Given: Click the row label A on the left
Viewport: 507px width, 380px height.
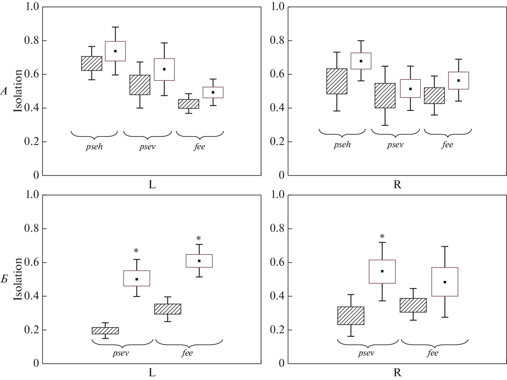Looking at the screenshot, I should coord(4,91).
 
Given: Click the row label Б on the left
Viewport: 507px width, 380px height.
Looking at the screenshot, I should coord(4,279).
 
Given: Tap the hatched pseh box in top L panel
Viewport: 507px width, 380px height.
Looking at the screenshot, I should coord(92,63).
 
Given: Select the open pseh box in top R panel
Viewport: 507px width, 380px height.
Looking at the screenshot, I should coord(361,61).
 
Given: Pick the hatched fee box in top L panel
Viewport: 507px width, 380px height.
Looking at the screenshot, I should coord(188,104).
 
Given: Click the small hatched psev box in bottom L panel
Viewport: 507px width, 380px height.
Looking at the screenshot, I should coord(105,331).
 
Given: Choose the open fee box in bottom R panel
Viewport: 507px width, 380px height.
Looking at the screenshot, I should coord(445,282).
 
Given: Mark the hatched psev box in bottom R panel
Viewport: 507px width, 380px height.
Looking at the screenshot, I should coord(351,316).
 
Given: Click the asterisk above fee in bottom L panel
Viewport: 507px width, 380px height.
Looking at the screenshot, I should coord(199,238).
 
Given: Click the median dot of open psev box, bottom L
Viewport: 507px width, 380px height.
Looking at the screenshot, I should coord(137,279).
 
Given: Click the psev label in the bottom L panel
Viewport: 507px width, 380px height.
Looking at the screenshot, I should coord(121,353).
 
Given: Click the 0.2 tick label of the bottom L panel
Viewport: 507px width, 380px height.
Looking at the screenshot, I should coord(32,330).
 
